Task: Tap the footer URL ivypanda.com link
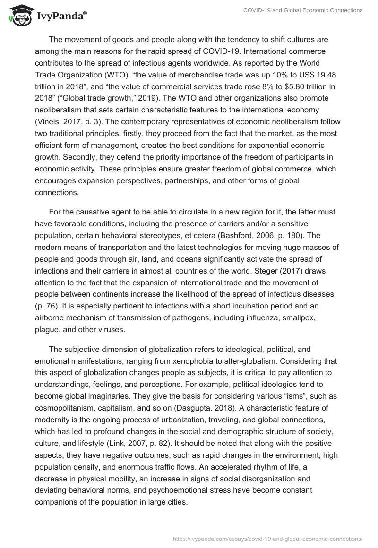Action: point(267,538)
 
